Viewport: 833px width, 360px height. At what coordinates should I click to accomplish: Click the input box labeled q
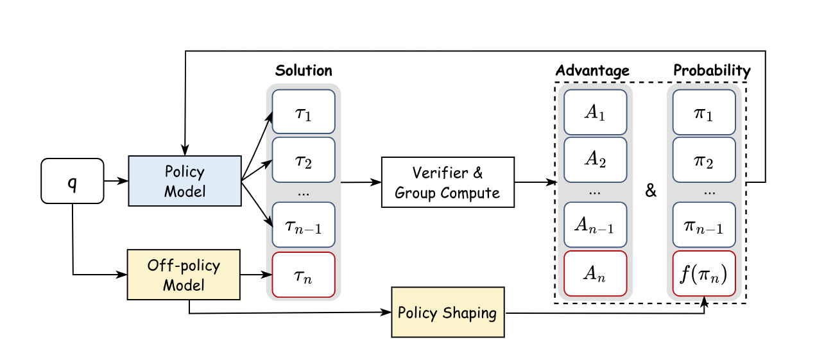(72, 181)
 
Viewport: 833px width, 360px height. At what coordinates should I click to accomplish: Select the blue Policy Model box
(185, 181)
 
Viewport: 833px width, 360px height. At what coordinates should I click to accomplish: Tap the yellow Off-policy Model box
(184, 275)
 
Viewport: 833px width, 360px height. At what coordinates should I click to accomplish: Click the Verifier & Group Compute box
(448, 182)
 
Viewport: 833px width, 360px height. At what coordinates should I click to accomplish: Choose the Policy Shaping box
(448, 313)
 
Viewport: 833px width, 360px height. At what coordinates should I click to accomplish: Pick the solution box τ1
(304, 112)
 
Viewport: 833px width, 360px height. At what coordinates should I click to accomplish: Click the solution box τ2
(304, 160)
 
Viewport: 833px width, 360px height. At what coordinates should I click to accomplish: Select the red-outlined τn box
(304, 275)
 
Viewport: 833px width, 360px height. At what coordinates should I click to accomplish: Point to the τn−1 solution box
(304, 225)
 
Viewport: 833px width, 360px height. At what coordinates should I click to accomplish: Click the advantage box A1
(596, 112)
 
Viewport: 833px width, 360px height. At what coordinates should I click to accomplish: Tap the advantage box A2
(596, 160)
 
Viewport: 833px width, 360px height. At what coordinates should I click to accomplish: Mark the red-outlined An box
(596, 274)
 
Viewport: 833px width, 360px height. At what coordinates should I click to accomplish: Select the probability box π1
(704, 112)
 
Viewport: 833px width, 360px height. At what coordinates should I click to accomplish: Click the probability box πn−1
(704, 225)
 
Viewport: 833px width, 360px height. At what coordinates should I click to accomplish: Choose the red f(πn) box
(704, 274)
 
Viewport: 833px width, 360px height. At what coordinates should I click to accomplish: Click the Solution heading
(304, 71)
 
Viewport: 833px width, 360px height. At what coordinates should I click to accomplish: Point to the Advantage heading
(592, 71)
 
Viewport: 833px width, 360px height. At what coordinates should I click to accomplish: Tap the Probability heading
(712, 71)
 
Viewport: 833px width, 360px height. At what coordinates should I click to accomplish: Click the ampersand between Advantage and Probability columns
(651, 191)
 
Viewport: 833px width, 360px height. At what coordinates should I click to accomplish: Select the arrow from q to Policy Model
(116, 181)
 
